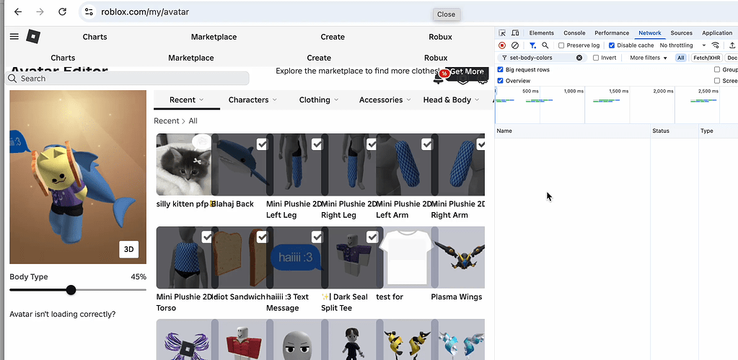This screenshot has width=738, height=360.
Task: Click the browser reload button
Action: pos(63,12)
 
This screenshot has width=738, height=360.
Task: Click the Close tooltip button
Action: pos(446,14)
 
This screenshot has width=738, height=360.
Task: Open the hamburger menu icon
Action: pos(14,37)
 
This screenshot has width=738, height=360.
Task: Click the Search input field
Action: pos(130,79)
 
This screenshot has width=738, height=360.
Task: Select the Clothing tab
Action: pos(320,100)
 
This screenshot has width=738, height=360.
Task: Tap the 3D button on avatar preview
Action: pos(128,250)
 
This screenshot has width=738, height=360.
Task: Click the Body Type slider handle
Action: pos(71,289)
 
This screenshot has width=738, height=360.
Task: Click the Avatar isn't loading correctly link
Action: pos(63,314)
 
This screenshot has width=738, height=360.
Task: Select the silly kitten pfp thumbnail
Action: pos(183,164)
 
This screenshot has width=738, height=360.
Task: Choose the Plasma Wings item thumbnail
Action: pos(457,258)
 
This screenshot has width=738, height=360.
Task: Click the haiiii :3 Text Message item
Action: pos(294,258)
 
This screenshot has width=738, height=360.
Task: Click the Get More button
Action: pos(466,72)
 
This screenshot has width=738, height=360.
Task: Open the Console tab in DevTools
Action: pos(574,33)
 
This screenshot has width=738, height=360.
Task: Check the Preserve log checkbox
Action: pos(562,45)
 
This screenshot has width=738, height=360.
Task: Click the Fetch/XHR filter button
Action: pos(706,58)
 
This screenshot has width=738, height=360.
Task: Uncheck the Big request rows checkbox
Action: pos(500,70)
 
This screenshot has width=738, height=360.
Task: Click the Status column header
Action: pos(661,131)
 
